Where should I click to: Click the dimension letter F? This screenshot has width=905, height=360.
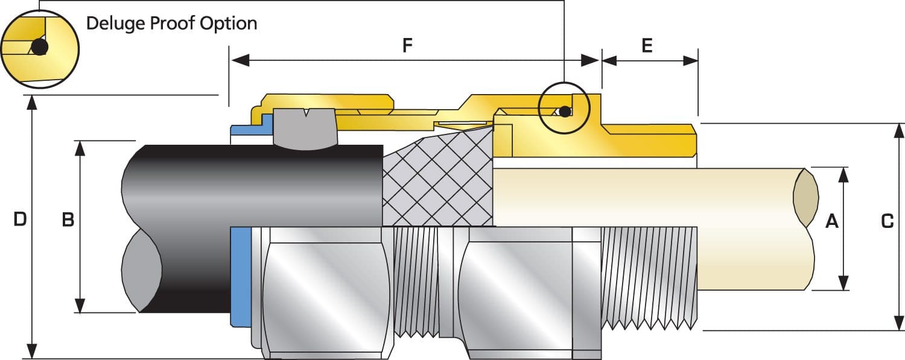click(x=408, y=46)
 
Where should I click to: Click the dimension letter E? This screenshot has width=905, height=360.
click(x=647, y=46)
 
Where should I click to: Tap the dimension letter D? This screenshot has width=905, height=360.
click(x=20, y=219)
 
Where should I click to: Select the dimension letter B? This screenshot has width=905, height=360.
click(x=68, y=220)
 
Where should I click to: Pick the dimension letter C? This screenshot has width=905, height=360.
click(x=887, y=221)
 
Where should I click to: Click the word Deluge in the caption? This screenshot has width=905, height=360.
click(x=115, y=24)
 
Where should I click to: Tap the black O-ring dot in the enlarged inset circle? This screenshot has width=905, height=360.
click(x=40, y=47)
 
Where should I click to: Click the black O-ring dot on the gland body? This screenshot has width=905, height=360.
click(x=564, y=111)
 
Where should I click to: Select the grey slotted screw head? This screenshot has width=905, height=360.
click(x=304, y=127)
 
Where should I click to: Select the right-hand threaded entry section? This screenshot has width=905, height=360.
click(x=649, y=277)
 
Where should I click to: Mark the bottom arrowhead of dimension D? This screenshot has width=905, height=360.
click(x=32, y=351)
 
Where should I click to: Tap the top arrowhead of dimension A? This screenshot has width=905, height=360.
click(x=843, y=174)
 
